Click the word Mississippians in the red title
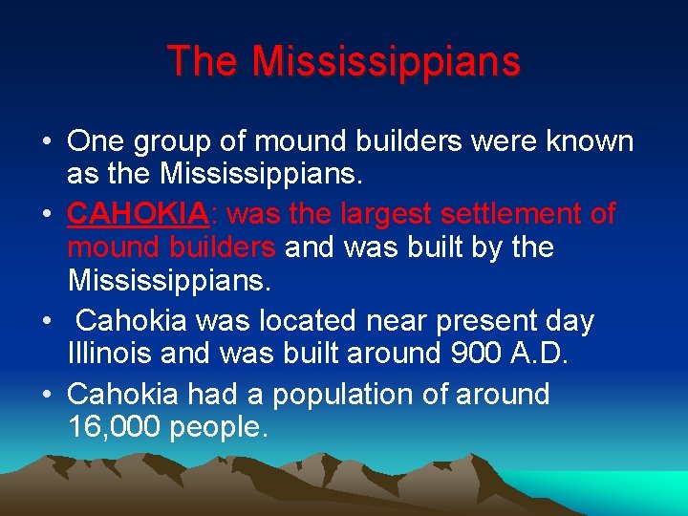[x=387, y=62]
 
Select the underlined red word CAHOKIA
[x=138, y=213]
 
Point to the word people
[x=217, y=428]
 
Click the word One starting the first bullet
[x=97, y=141]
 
